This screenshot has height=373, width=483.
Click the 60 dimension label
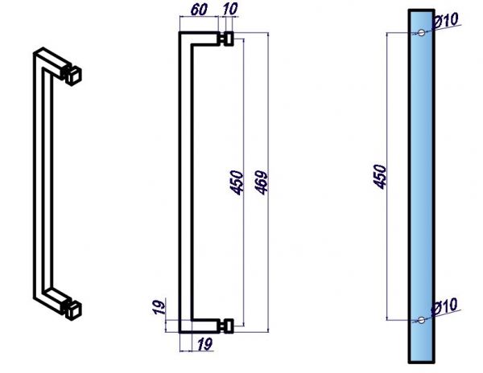point(199,10)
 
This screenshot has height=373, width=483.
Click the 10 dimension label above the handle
point(229,9)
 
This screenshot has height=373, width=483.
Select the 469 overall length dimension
point(262,182)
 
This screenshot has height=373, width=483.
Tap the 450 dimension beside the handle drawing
point(237,182)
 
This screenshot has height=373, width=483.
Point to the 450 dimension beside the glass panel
point(379,177)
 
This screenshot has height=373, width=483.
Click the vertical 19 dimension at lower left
point(159,307)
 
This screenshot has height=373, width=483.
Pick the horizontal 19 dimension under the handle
point(204,344)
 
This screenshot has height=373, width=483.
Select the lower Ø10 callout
point(444,306)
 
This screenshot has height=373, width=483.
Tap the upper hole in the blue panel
point(421,33)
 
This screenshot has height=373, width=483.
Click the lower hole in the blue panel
point(421,320)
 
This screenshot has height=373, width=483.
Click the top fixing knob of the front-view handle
point(227,39)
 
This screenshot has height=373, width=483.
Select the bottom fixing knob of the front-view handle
point(227,326)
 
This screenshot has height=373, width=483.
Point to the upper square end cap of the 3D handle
point(73,76)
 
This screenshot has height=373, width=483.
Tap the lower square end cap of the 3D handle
point(73,310)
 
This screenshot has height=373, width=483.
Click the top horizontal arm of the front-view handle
point(200,39)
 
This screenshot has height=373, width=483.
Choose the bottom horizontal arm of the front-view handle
point(200,326)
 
